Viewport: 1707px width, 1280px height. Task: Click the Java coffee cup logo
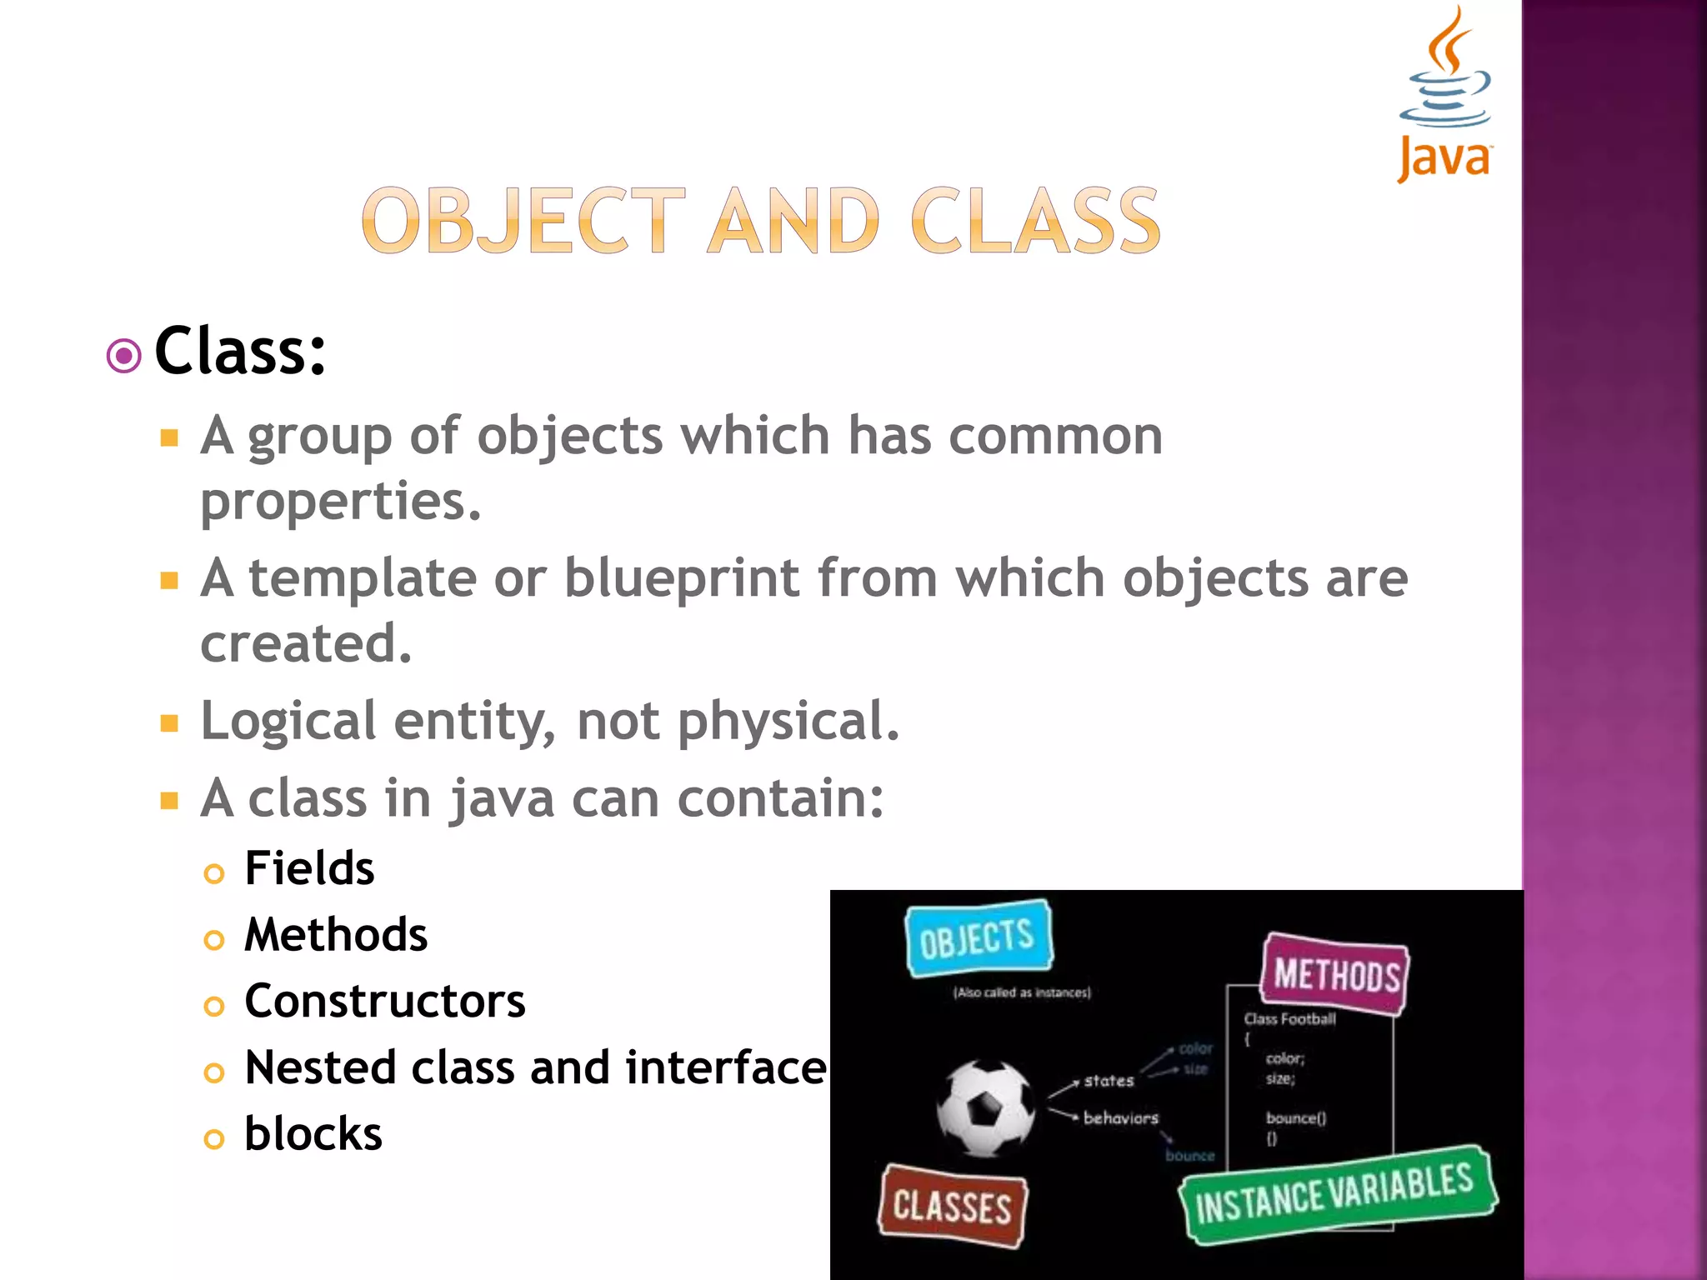tap(1445, 92)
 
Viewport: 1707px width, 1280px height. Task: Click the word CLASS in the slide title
tap(1035, 221)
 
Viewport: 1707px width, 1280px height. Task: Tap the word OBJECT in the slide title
tap(523, 221)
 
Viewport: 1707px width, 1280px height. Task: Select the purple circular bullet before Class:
tap(124, 357)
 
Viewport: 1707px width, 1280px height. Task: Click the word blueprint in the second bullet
tap(682, 578)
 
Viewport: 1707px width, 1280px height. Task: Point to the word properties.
tap(340, 502)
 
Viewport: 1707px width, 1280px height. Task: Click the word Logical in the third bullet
tap(288, 721)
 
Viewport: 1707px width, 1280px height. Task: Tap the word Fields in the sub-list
tap(309, 868)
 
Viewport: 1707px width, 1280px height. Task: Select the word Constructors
tap(385, 1001)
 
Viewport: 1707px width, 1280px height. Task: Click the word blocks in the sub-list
tap(313, 1134)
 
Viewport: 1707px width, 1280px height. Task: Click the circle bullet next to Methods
tap(214, 941)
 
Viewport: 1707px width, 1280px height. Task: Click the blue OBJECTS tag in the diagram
tap(979, 939)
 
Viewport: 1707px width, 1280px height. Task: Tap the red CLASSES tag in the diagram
tap(953, 1207)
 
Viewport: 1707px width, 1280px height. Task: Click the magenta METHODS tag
tap(1335, 974)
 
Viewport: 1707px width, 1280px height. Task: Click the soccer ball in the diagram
tap(985, 1108)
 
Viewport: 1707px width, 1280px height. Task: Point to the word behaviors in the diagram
tap(1120, 1118)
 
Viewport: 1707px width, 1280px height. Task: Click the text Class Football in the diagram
tap(1289, 1019)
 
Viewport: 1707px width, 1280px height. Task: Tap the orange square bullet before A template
tap(170, 581)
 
